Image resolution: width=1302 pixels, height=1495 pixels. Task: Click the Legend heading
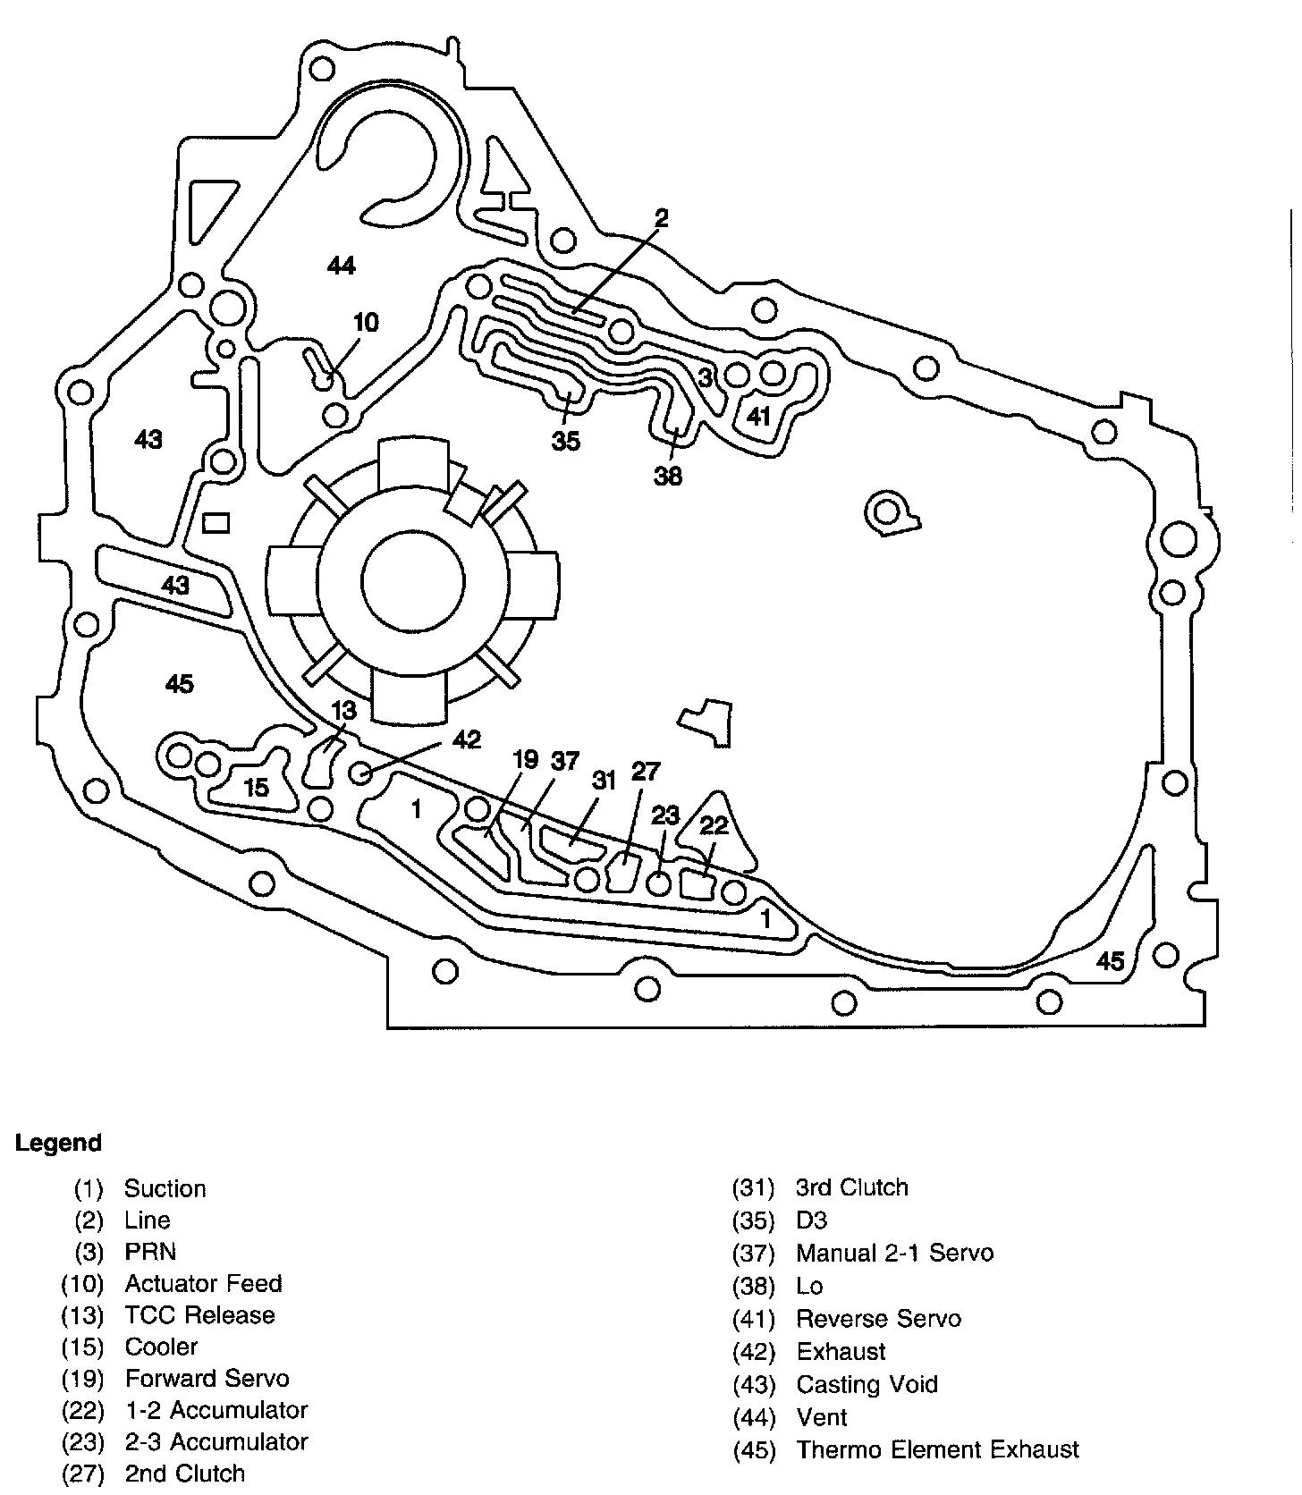pyautogui.click(x=58, y=1143)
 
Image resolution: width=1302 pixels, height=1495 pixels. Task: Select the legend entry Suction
pyautogui.click(x=165, y=1188)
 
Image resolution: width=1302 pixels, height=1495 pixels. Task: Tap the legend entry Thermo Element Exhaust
pyautogui.click(x=937, y=1449)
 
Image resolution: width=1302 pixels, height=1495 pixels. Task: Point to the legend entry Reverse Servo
pyautogui.click(x=878, y=1319)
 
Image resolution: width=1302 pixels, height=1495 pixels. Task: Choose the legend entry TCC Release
pyautogui.click(x=199, y=1315)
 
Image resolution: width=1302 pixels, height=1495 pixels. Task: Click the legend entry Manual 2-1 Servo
pyautogui.click(x=894, y=1253)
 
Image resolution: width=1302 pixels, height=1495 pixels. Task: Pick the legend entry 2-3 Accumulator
pyautogui.click(x=216, y=1441)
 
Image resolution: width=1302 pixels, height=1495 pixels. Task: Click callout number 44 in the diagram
pyautogui.click(x=342, y=266)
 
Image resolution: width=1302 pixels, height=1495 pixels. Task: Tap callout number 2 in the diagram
pyautogui.click(x=660, y=217)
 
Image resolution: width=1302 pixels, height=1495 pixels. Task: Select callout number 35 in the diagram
pyautogui.click(x=566, y=441)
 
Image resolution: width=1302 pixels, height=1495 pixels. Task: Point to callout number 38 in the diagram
pyautogui.click(x=668, y=476)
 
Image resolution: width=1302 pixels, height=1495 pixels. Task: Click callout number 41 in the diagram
pyautogui.click(x=758, y=416)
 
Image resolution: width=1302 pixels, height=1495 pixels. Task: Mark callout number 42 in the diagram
pyautogui.click(x=467, y=739)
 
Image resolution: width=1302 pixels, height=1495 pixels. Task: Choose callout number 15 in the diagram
pyautogui.click(x=257, y=788)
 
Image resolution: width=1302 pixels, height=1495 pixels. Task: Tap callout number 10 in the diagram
pyautogui.click(x=367, y=322)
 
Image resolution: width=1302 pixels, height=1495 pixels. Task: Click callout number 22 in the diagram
pyautogui.click(x=714, y=825)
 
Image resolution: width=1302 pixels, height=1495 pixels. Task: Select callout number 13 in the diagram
pyautogui.click(x=343, y=711)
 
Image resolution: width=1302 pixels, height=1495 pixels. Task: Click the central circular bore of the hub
pyautogui.click(x=412, y=580)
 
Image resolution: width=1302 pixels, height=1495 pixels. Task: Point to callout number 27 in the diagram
pyautogui.click(x=645, y=771)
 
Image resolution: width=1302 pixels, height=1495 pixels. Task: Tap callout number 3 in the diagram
pyautogui.click(x=705, y=378)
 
